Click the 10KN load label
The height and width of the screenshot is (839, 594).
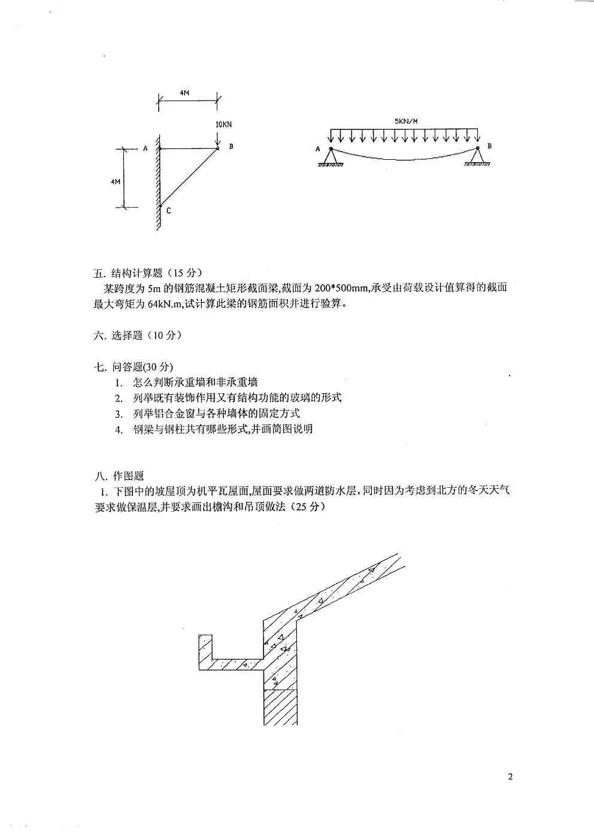pyautogui.click(x=223, y=124)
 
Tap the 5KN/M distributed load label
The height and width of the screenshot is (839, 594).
pyautogui.click(x=406, y=121)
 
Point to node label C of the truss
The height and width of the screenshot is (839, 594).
pyautogui.click(x=169, y=211)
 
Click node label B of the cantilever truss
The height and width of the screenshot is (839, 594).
pyautogui.click(x=231, y=147)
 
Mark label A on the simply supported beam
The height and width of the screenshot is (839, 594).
pyautogui.click(x=317, y=149)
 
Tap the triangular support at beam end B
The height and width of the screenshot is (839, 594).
pyautogui.click(x=477, y=157)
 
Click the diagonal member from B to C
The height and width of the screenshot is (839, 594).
pyautogui.click(x=189, y=177)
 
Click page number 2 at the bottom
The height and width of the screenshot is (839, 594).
pyautogui.click(x=510, y=777)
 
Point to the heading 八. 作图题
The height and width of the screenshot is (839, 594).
pyautogui.click(x=120, y=476)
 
